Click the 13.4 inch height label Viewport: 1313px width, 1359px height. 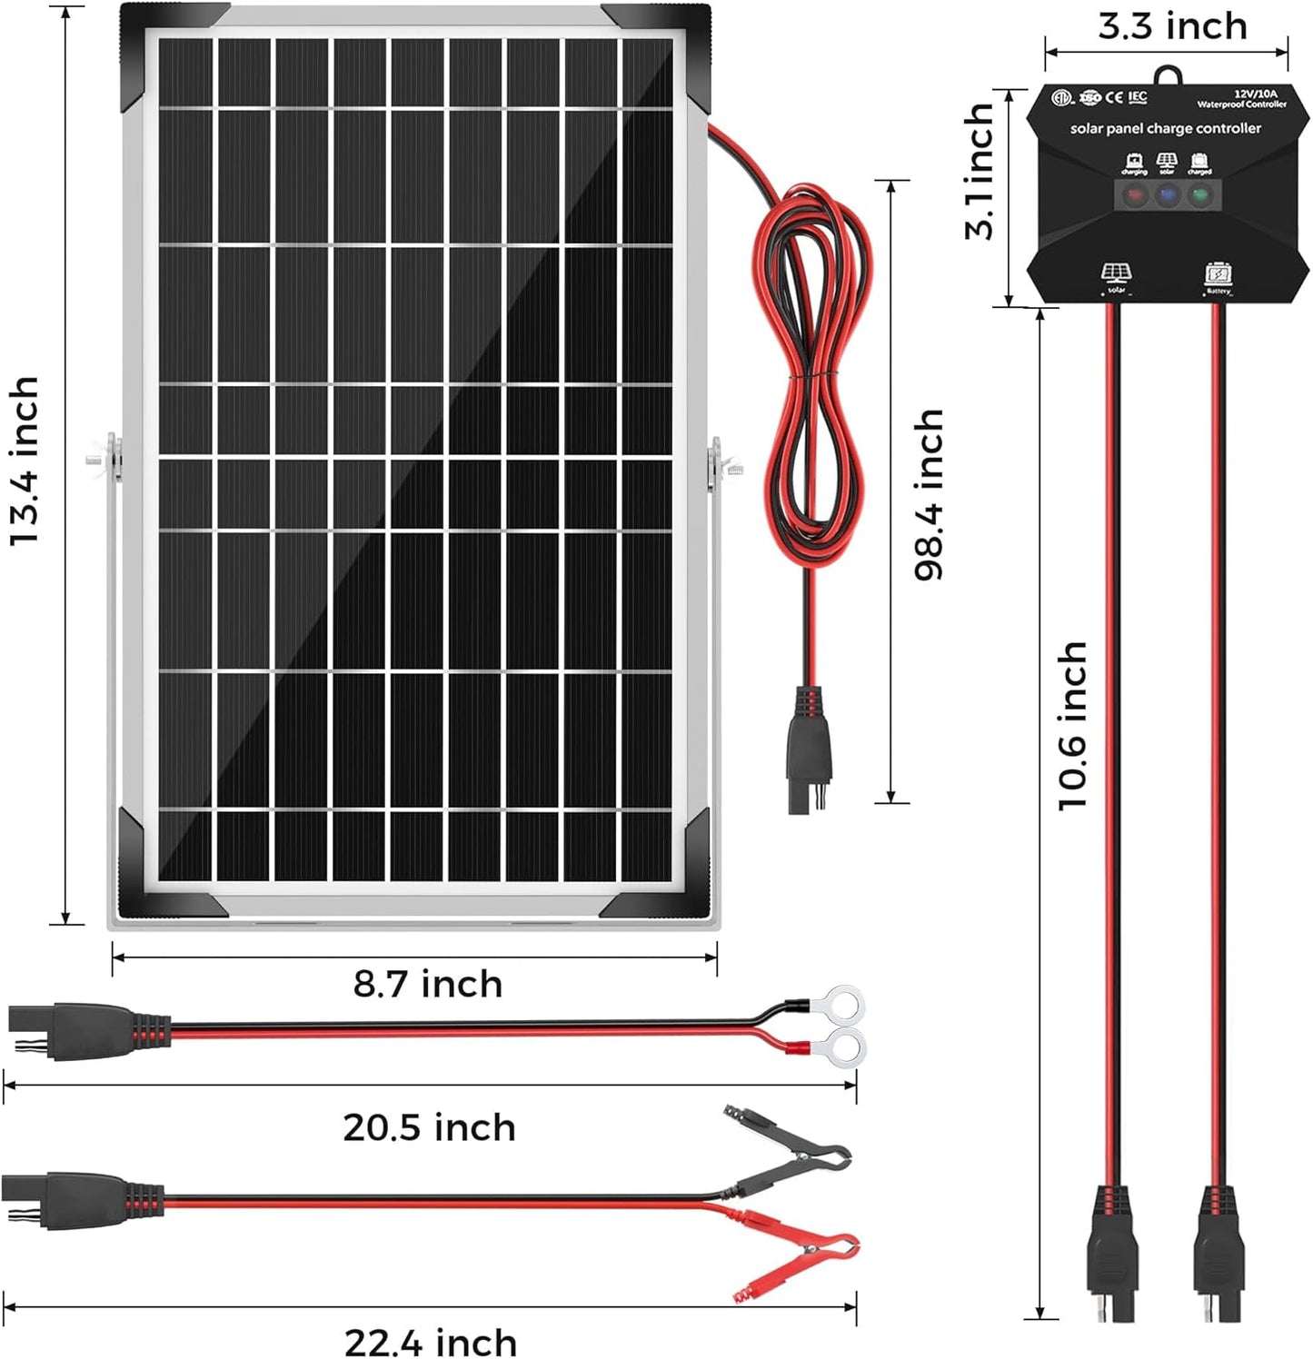coord(25,461)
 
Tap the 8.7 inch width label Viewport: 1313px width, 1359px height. coord(427,985)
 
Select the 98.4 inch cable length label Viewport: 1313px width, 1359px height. coord(929,494)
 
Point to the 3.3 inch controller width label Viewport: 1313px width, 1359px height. coord(1172,26)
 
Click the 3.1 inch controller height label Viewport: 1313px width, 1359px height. coord(980,172)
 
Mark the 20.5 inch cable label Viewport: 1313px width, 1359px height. coord(429,1127)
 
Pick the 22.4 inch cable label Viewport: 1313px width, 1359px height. coord(431,1342)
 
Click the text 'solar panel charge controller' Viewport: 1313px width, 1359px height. coord(1165,129)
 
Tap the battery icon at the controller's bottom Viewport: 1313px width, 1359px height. coord(1218,273)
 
